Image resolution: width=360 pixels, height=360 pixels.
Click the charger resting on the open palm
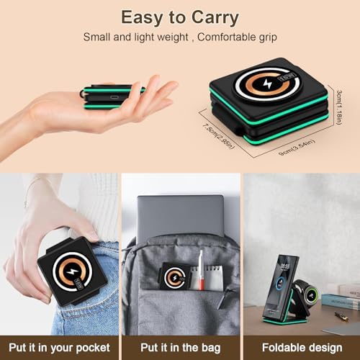click(114, 97)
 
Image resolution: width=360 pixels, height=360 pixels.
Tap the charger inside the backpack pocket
click(174, 276)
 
